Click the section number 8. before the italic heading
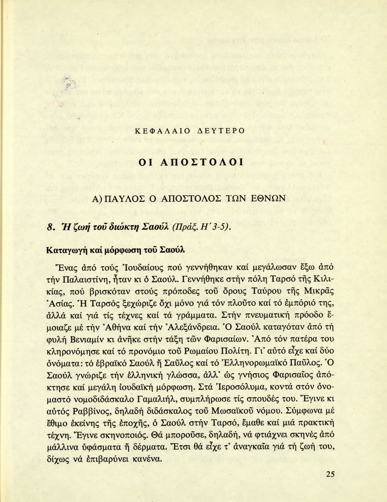tap(51, 228)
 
